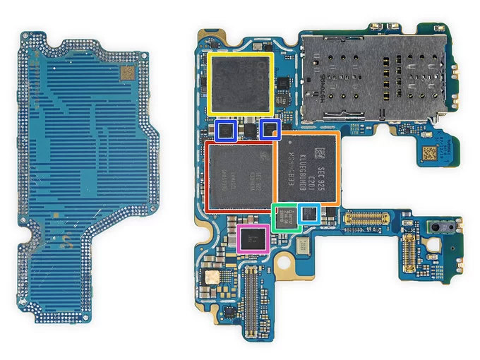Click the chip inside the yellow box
[241, 83]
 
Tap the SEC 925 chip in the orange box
[306, 169]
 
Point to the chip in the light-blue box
[308, 214]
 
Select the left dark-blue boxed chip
[225, 130]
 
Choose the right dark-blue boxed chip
[270, 129]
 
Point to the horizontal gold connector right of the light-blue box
[366, 218]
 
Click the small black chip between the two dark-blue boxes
[248, 129]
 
